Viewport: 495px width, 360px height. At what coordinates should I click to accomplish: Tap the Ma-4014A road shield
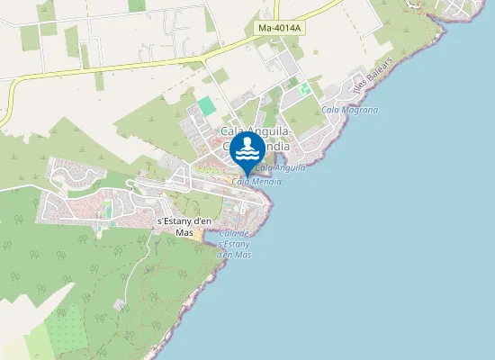280,29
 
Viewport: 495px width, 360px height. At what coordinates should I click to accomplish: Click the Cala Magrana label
349,110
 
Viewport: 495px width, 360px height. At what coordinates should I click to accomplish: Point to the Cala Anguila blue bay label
280,167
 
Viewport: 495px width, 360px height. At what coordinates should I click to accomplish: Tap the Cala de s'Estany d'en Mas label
234,244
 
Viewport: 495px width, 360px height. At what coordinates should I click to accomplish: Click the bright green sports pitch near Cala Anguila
207,106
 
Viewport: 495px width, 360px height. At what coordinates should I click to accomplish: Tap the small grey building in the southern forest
120,305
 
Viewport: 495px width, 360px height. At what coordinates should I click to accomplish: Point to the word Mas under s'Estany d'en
184,233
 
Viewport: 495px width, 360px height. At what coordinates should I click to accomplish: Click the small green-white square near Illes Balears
304,88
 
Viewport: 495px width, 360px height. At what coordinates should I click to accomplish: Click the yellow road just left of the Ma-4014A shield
225,46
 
